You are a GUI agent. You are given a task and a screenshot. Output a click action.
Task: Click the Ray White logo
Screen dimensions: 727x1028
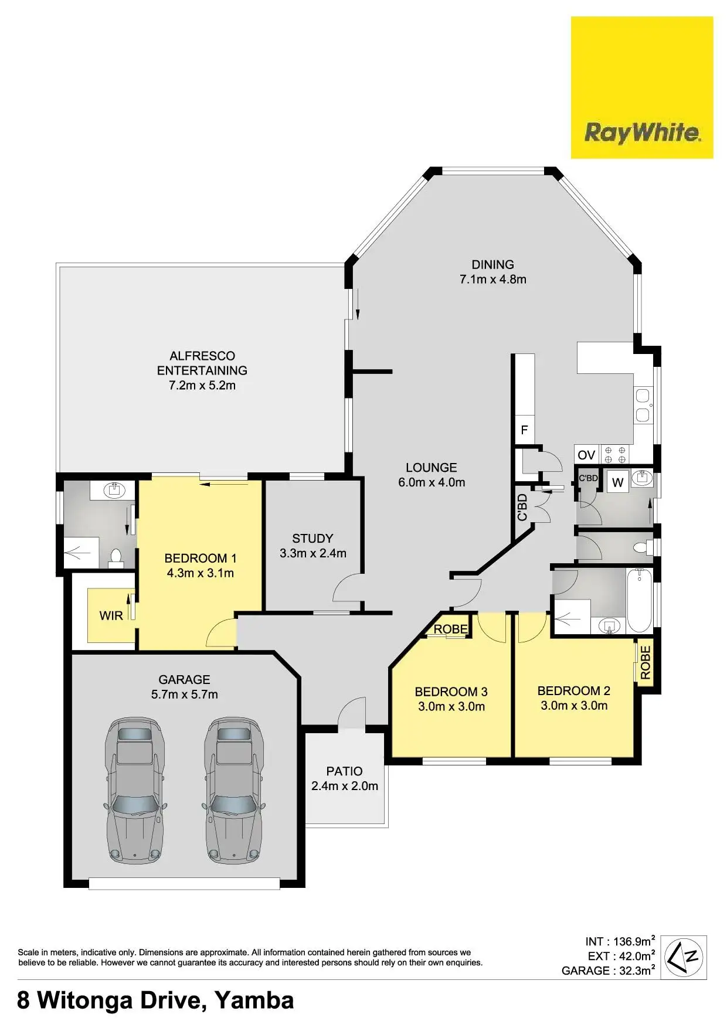[642, 88]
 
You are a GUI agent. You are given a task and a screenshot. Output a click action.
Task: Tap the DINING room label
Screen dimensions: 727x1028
[492, 272]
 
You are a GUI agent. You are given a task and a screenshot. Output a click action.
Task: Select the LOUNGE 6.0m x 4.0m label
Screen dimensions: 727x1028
[432, 475]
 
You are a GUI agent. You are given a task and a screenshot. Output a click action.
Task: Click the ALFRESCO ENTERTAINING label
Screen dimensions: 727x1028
[202, 370]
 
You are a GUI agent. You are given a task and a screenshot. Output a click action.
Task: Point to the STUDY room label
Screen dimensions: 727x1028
[312, 546]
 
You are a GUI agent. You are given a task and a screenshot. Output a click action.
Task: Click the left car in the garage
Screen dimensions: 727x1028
[135, 789]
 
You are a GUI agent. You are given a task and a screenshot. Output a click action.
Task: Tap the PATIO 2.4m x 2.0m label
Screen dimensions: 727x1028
[345, 778]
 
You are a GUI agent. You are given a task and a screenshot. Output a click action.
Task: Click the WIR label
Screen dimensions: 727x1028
[111, 615]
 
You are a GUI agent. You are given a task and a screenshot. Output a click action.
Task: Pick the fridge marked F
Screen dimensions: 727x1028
[524, 431]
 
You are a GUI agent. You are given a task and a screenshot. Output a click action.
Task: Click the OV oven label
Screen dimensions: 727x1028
[586, 455]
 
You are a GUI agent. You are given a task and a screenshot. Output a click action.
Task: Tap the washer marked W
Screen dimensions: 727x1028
[617, 482]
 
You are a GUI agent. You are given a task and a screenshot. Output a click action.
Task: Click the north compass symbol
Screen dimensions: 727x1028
[685, 957]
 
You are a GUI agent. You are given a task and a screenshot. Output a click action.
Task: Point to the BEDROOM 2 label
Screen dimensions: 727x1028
[574, 698]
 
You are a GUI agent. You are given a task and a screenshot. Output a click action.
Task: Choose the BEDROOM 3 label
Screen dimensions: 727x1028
[451, 699]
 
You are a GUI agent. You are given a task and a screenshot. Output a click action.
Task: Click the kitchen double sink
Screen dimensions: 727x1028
[643, 405]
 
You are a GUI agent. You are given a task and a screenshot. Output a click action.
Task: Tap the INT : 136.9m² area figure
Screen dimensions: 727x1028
[620, 942]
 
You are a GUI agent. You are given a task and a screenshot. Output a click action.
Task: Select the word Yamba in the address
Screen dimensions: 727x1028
[254, 1000]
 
